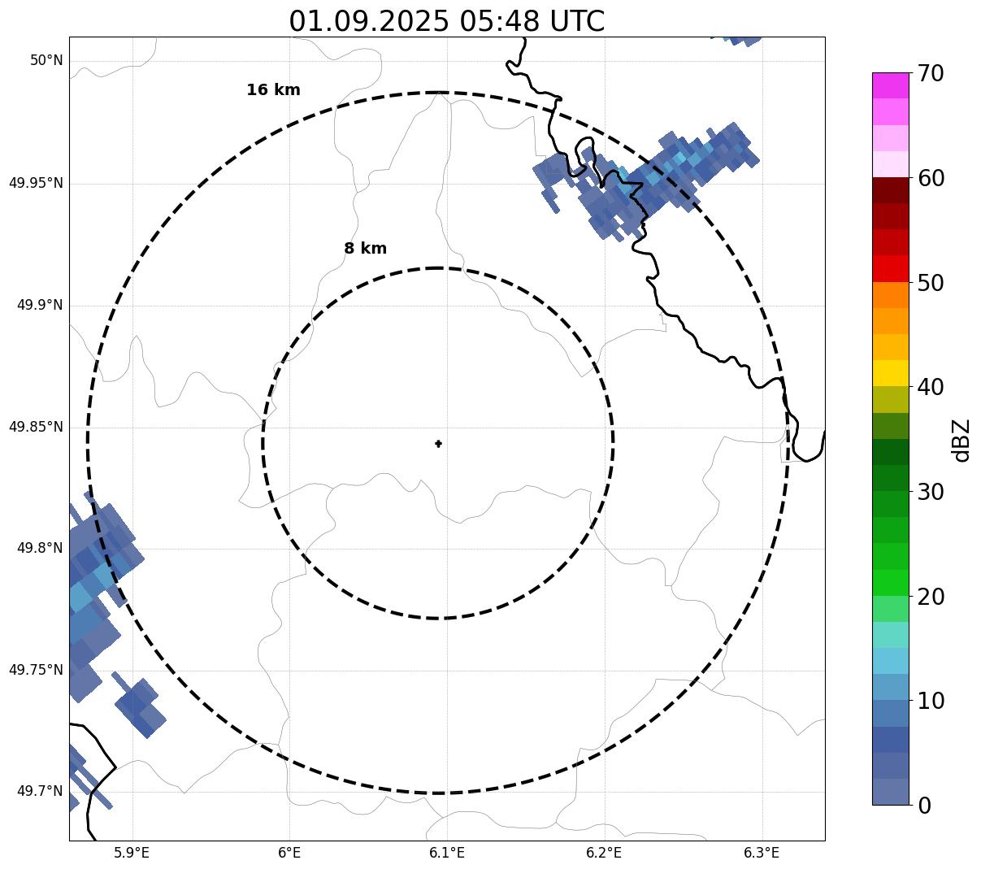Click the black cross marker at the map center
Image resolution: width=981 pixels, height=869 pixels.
pyautogui.click(x=438, y=443)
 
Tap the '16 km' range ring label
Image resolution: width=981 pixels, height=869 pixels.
pyautogui.click(x=273, y=90)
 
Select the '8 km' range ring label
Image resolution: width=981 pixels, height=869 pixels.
pyautogui.click(x=365, y=249)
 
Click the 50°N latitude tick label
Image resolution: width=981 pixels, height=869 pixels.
pyautogui.click(x=46, y=61)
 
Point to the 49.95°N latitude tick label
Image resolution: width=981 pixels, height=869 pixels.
pyautogui.click(x=36, y=183)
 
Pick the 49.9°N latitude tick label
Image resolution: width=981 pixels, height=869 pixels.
pyautogui.click(x=40, y=305)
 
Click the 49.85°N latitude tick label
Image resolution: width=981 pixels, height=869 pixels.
pyautogui.click(x=36, y=427)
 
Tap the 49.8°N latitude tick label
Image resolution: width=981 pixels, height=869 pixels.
pyautogui.click(x=40, y=548)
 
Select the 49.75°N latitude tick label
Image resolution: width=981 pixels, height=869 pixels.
pyautogui.click(x=36, y=670)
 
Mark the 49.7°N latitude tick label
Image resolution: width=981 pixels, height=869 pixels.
pyautogui.click(x=40, y=791)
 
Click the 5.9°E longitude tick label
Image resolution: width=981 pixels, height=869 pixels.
pyautogui.click(x=132, y=853)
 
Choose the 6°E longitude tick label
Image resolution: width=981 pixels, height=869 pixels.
pyautogui.click(x=289, y=853)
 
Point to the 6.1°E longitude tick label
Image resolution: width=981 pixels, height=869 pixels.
pyautogui.click(x=447, y=853)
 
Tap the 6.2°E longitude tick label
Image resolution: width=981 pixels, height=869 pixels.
pyautogui.click(x=604, y=853)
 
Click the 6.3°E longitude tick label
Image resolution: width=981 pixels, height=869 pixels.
pyautogui.click(x=762, y=853)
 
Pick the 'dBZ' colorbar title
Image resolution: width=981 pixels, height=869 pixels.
pyautogui.click(x=961, y=441)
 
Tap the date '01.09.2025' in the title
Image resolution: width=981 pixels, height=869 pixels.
pyautogui.click(x=369, y=21)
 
